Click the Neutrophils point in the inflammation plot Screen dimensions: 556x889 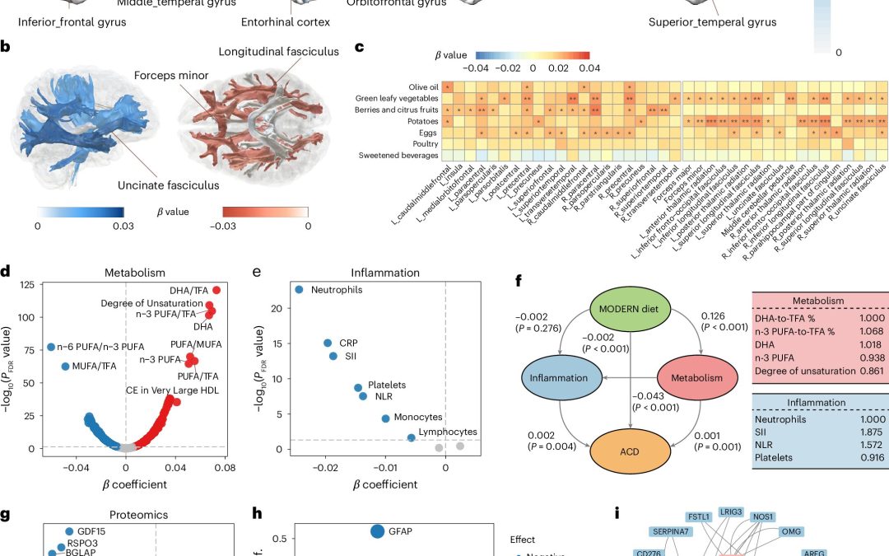click(299, 289)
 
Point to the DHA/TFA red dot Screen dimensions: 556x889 click(216, 290)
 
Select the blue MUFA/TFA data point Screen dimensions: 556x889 click(65, 366)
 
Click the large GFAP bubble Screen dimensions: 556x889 click(377, 531)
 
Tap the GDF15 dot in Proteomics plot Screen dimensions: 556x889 click(69, 532)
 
